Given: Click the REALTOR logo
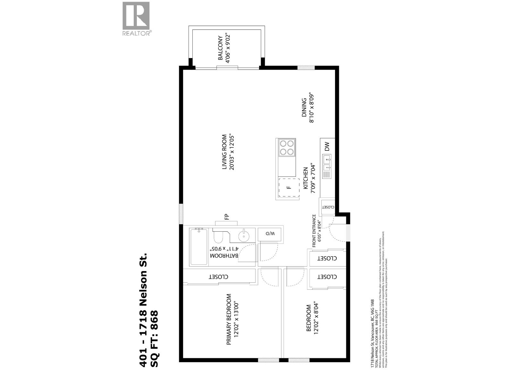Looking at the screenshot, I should [136, 19].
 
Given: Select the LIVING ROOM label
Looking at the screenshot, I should [225, 152].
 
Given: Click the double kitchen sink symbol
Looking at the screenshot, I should [327, 163].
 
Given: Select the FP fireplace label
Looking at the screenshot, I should [226, 217].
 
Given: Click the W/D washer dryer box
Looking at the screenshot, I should [270, 234].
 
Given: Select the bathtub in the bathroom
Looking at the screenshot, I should [198, 246].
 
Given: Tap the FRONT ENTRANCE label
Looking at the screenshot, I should [314, 231].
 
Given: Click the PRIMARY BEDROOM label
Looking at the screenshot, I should [229, 319].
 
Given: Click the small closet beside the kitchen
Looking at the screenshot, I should [327, 207].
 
